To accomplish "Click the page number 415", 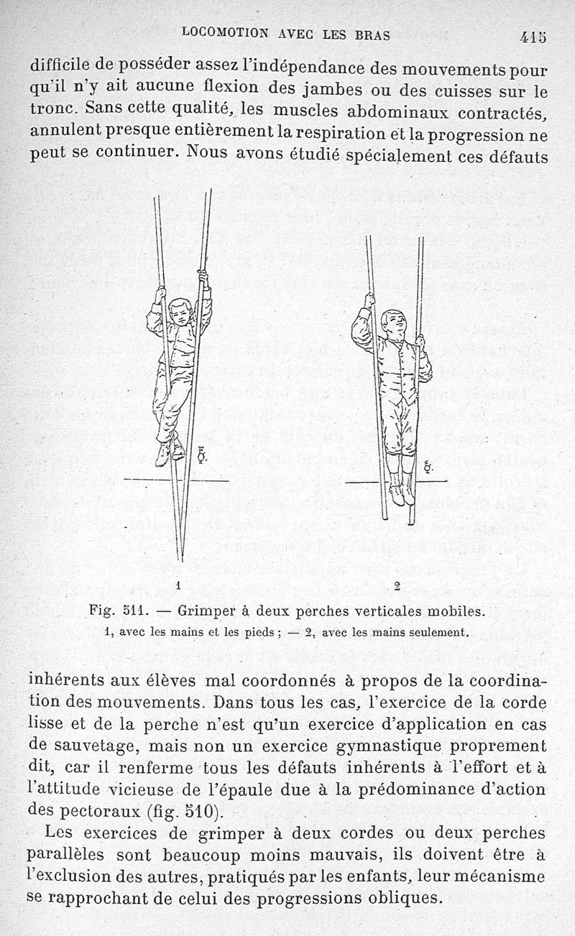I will (533, 36).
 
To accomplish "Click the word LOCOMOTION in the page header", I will (226, 32).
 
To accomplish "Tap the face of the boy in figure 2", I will (392, 323).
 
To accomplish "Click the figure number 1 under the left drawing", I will (178, 583).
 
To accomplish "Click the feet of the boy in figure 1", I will (170, 451).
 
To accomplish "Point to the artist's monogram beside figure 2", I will (428, 465).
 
